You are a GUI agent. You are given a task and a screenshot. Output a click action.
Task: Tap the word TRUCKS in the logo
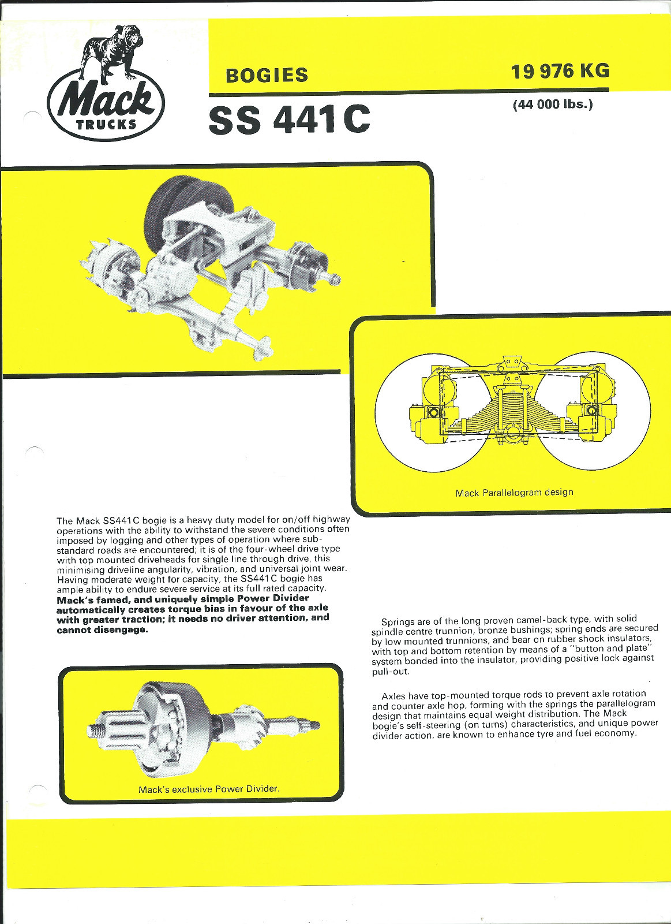(106, 124)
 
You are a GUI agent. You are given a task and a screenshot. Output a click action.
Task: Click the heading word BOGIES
(267, 76)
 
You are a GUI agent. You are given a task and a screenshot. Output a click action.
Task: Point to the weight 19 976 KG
(559, 71)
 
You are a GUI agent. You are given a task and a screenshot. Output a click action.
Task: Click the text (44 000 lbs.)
(553, 105)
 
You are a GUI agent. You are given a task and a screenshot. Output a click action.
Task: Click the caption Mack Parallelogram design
(514, 493)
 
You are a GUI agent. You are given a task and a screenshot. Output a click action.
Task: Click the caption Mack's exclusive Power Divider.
(209, 789)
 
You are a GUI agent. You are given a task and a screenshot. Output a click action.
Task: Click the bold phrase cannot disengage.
(102, 629)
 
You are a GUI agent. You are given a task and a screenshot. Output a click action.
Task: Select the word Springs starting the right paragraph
(398, 622)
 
